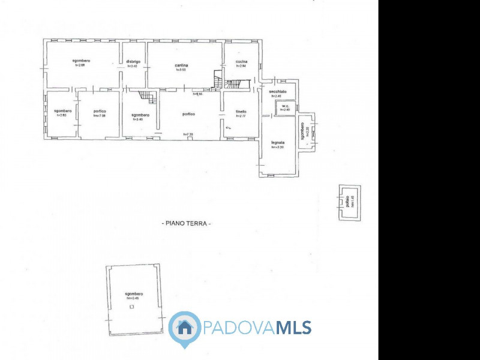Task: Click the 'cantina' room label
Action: (x=182, y=65)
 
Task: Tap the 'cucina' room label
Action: (x=241, y=62)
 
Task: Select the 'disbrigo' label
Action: (x=133, y=62)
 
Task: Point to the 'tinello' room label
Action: (x=241, y=112)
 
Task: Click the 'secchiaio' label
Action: (x=278, y=91)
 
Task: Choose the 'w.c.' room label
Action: (x=286, y=106)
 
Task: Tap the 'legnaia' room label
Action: (x=277, y=143)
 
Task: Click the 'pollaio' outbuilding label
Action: (x=347, y=202)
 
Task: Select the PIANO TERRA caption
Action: (x=187, y=223)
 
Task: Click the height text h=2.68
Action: (x=81, y=65)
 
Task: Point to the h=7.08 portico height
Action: (x=100, y=116)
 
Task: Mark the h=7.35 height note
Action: (x=188, y=134)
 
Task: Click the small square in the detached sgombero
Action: (x=132, y=307)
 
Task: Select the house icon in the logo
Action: (x=185, y=328)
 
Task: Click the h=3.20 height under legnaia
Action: (x=277, y=147)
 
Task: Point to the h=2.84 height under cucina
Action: (x=241, y=66)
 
